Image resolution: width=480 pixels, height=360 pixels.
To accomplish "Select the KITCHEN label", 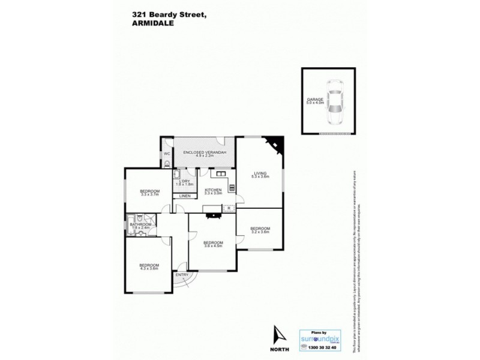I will pos(213,190).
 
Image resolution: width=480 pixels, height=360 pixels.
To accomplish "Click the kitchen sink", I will pos(220,175).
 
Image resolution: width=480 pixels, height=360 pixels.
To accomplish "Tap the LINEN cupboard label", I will pos(185,196).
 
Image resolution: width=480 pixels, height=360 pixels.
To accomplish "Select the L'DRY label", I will pos(184,181).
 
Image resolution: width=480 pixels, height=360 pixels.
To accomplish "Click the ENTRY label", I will pos(181,275).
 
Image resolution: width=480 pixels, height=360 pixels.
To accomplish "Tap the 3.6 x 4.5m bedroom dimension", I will pos(213,246).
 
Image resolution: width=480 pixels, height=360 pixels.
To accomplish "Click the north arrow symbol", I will pos(277,335).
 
